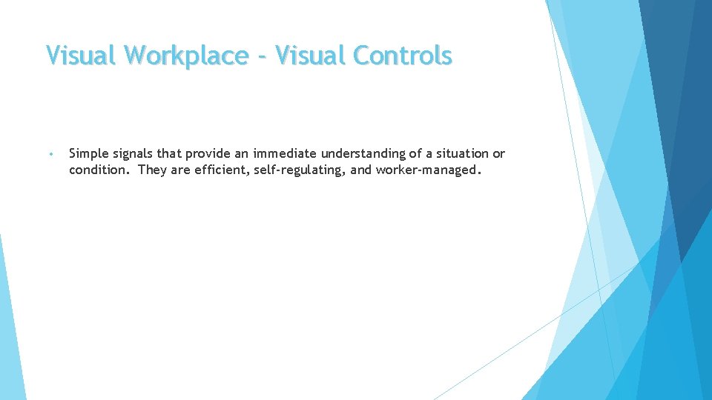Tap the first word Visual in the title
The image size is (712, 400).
(82, 56)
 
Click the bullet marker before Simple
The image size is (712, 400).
(50, 155)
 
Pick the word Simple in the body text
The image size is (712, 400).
(88, 154)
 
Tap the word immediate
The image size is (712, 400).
(286, 154)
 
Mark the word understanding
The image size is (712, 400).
(363, 154)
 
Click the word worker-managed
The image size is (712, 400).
(429, 170)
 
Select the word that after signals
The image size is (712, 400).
(170, 154)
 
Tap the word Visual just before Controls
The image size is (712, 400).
(311, 56)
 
